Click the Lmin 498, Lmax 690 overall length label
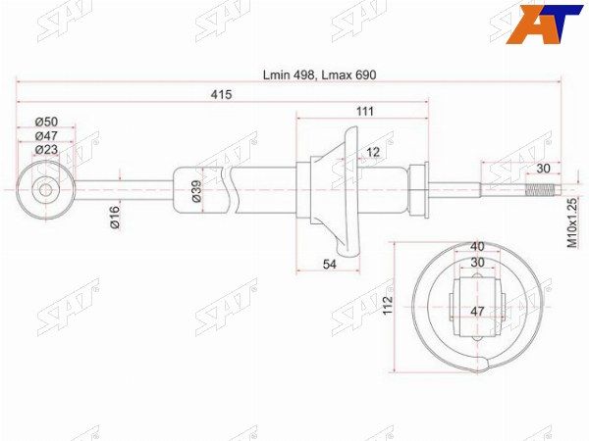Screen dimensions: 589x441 point(319,75)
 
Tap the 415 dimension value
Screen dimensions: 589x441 point(221,94)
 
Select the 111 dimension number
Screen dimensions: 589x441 point(365,112)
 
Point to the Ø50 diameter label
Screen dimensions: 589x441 point(46,122)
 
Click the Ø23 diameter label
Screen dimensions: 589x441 point(46,150)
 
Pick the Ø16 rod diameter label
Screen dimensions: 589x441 point(115,218)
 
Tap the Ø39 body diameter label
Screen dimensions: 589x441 point(196,191)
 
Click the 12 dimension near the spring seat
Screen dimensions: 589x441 point(373,152)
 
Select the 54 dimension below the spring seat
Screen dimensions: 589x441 point(330,265)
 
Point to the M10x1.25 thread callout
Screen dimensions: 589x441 point(571,222)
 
